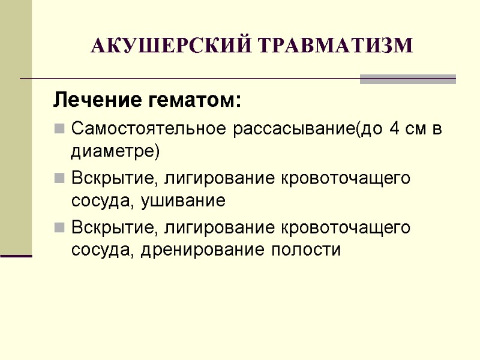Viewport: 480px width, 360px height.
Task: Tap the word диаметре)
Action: pos(115,152)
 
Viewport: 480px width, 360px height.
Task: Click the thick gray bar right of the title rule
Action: pos(407,79)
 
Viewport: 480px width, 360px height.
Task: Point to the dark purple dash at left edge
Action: pos(16,256)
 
